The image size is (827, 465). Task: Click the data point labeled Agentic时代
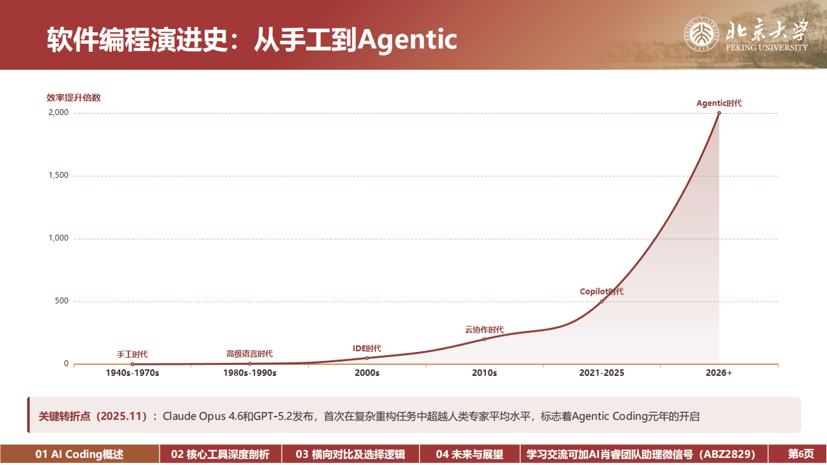tap(719, 113)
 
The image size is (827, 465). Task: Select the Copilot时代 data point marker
tap(602, 301)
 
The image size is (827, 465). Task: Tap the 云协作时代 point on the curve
tap(484, 339)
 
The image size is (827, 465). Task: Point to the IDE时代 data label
tap(367, 349)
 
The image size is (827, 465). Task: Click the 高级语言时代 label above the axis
tap(249, 354)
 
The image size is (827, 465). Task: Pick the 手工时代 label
tap(132, 355)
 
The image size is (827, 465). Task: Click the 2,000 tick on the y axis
tap(58, 113)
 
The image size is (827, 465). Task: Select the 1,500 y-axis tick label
tap(58, 176)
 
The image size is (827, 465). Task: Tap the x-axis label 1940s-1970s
tap(132, 373)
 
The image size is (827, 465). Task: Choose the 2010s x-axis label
tap(484, 373)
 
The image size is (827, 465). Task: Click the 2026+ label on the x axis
tap(719, 373)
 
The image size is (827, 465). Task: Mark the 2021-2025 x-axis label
tap(602, 373)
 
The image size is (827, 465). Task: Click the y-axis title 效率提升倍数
tap(74, 98)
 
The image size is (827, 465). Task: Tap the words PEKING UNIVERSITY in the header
tap(767, 48)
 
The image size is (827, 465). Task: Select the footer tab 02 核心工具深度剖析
tap(220, 455)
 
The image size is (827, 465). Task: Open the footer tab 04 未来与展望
tap(469, 455)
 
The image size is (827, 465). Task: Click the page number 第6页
tap(801, 455)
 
